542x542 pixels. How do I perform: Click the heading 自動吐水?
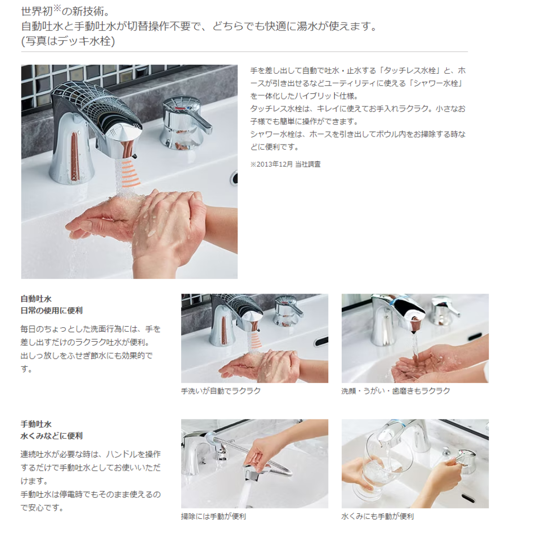[x=36, y=299]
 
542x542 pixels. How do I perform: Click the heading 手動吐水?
[x=36, y=424]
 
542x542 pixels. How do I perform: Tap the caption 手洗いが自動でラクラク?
[x=221, y=391]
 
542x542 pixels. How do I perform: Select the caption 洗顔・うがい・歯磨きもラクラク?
[x=396, y=391]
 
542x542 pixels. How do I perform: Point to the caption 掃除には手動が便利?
[x=214, y=516]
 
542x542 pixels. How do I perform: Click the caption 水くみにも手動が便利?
[x=377, y=516]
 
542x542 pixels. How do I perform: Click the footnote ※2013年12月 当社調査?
[x=286, y=164]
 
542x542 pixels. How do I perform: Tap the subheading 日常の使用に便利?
[x=52, y=311]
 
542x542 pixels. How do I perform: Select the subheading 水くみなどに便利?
[x=52, y=436]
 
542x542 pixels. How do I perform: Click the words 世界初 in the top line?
[x=37, y=12]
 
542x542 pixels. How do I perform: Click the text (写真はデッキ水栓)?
[x=68, y=41]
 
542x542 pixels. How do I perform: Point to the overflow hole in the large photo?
[x=234, y=178]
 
